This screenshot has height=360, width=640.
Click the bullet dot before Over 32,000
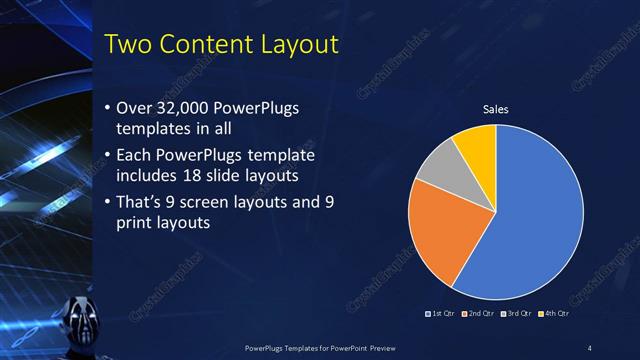pos(107,108)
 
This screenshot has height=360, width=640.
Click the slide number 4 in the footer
pos(590,347)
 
